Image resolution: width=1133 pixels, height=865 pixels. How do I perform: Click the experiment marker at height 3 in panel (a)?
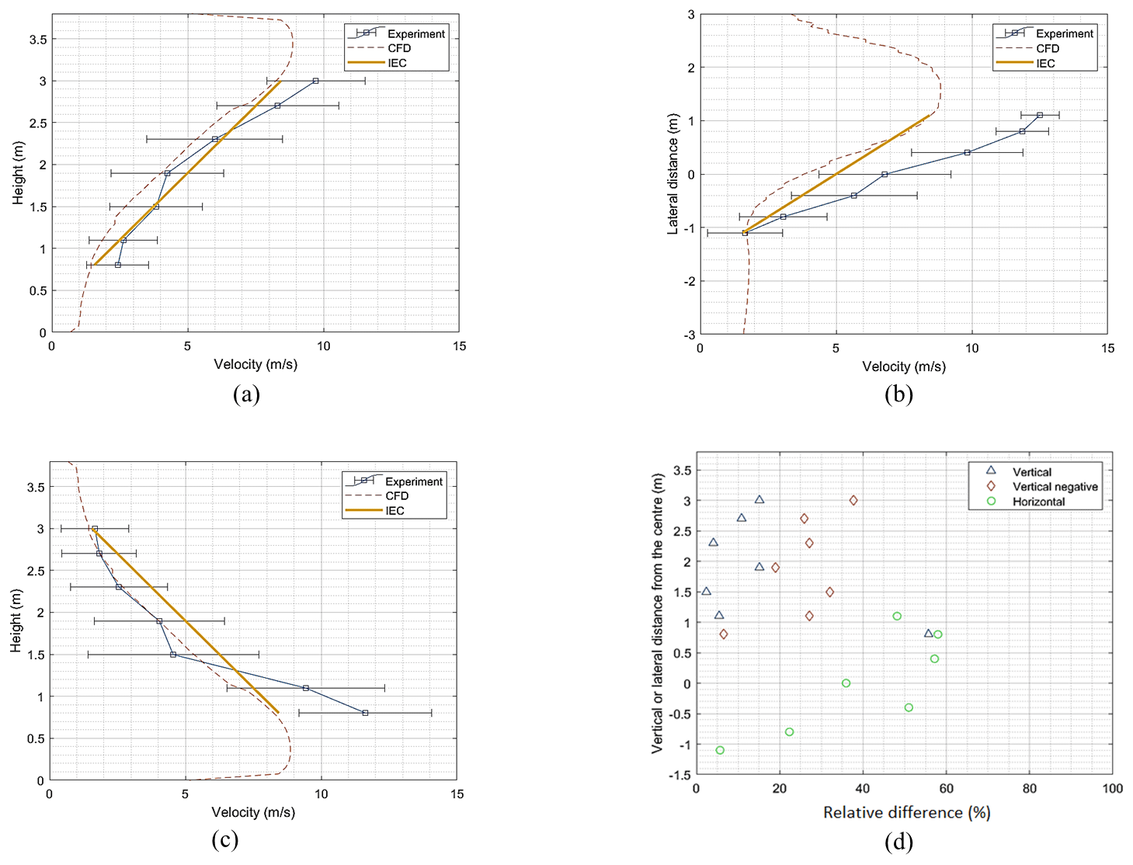(315, 81)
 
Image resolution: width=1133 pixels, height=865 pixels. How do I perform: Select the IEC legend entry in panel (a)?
(397, 63)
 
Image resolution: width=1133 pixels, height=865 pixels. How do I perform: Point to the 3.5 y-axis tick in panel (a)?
(37, 40)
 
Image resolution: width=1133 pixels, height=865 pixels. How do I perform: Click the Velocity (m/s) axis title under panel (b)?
(903, 366)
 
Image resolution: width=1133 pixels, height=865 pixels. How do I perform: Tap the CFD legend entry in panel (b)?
(1047, 48)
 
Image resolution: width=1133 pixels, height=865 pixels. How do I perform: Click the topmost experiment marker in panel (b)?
(1040, 115)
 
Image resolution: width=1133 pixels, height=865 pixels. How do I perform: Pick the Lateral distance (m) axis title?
(673, 174)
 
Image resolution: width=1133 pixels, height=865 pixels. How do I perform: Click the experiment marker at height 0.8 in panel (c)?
(365, 713)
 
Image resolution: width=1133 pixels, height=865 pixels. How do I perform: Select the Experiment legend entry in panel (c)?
(413, 481)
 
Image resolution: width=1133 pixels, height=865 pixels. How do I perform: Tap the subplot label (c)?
(224, 840)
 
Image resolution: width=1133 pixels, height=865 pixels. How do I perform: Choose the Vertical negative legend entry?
(1055, 487)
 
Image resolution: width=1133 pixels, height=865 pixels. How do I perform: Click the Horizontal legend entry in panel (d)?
(1038, 502)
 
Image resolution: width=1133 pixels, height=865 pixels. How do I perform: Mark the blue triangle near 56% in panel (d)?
(928, 634)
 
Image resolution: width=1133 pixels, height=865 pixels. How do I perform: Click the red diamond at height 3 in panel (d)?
(853, 501)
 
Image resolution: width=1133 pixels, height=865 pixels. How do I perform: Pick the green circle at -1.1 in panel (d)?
(720, 750)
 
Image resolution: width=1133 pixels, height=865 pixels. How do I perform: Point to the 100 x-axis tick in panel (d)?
(1112, 789)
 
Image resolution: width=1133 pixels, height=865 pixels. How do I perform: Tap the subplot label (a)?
(246, 394)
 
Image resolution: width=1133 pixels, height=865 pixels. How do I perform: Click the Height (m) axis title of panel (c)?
(16, 621)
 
